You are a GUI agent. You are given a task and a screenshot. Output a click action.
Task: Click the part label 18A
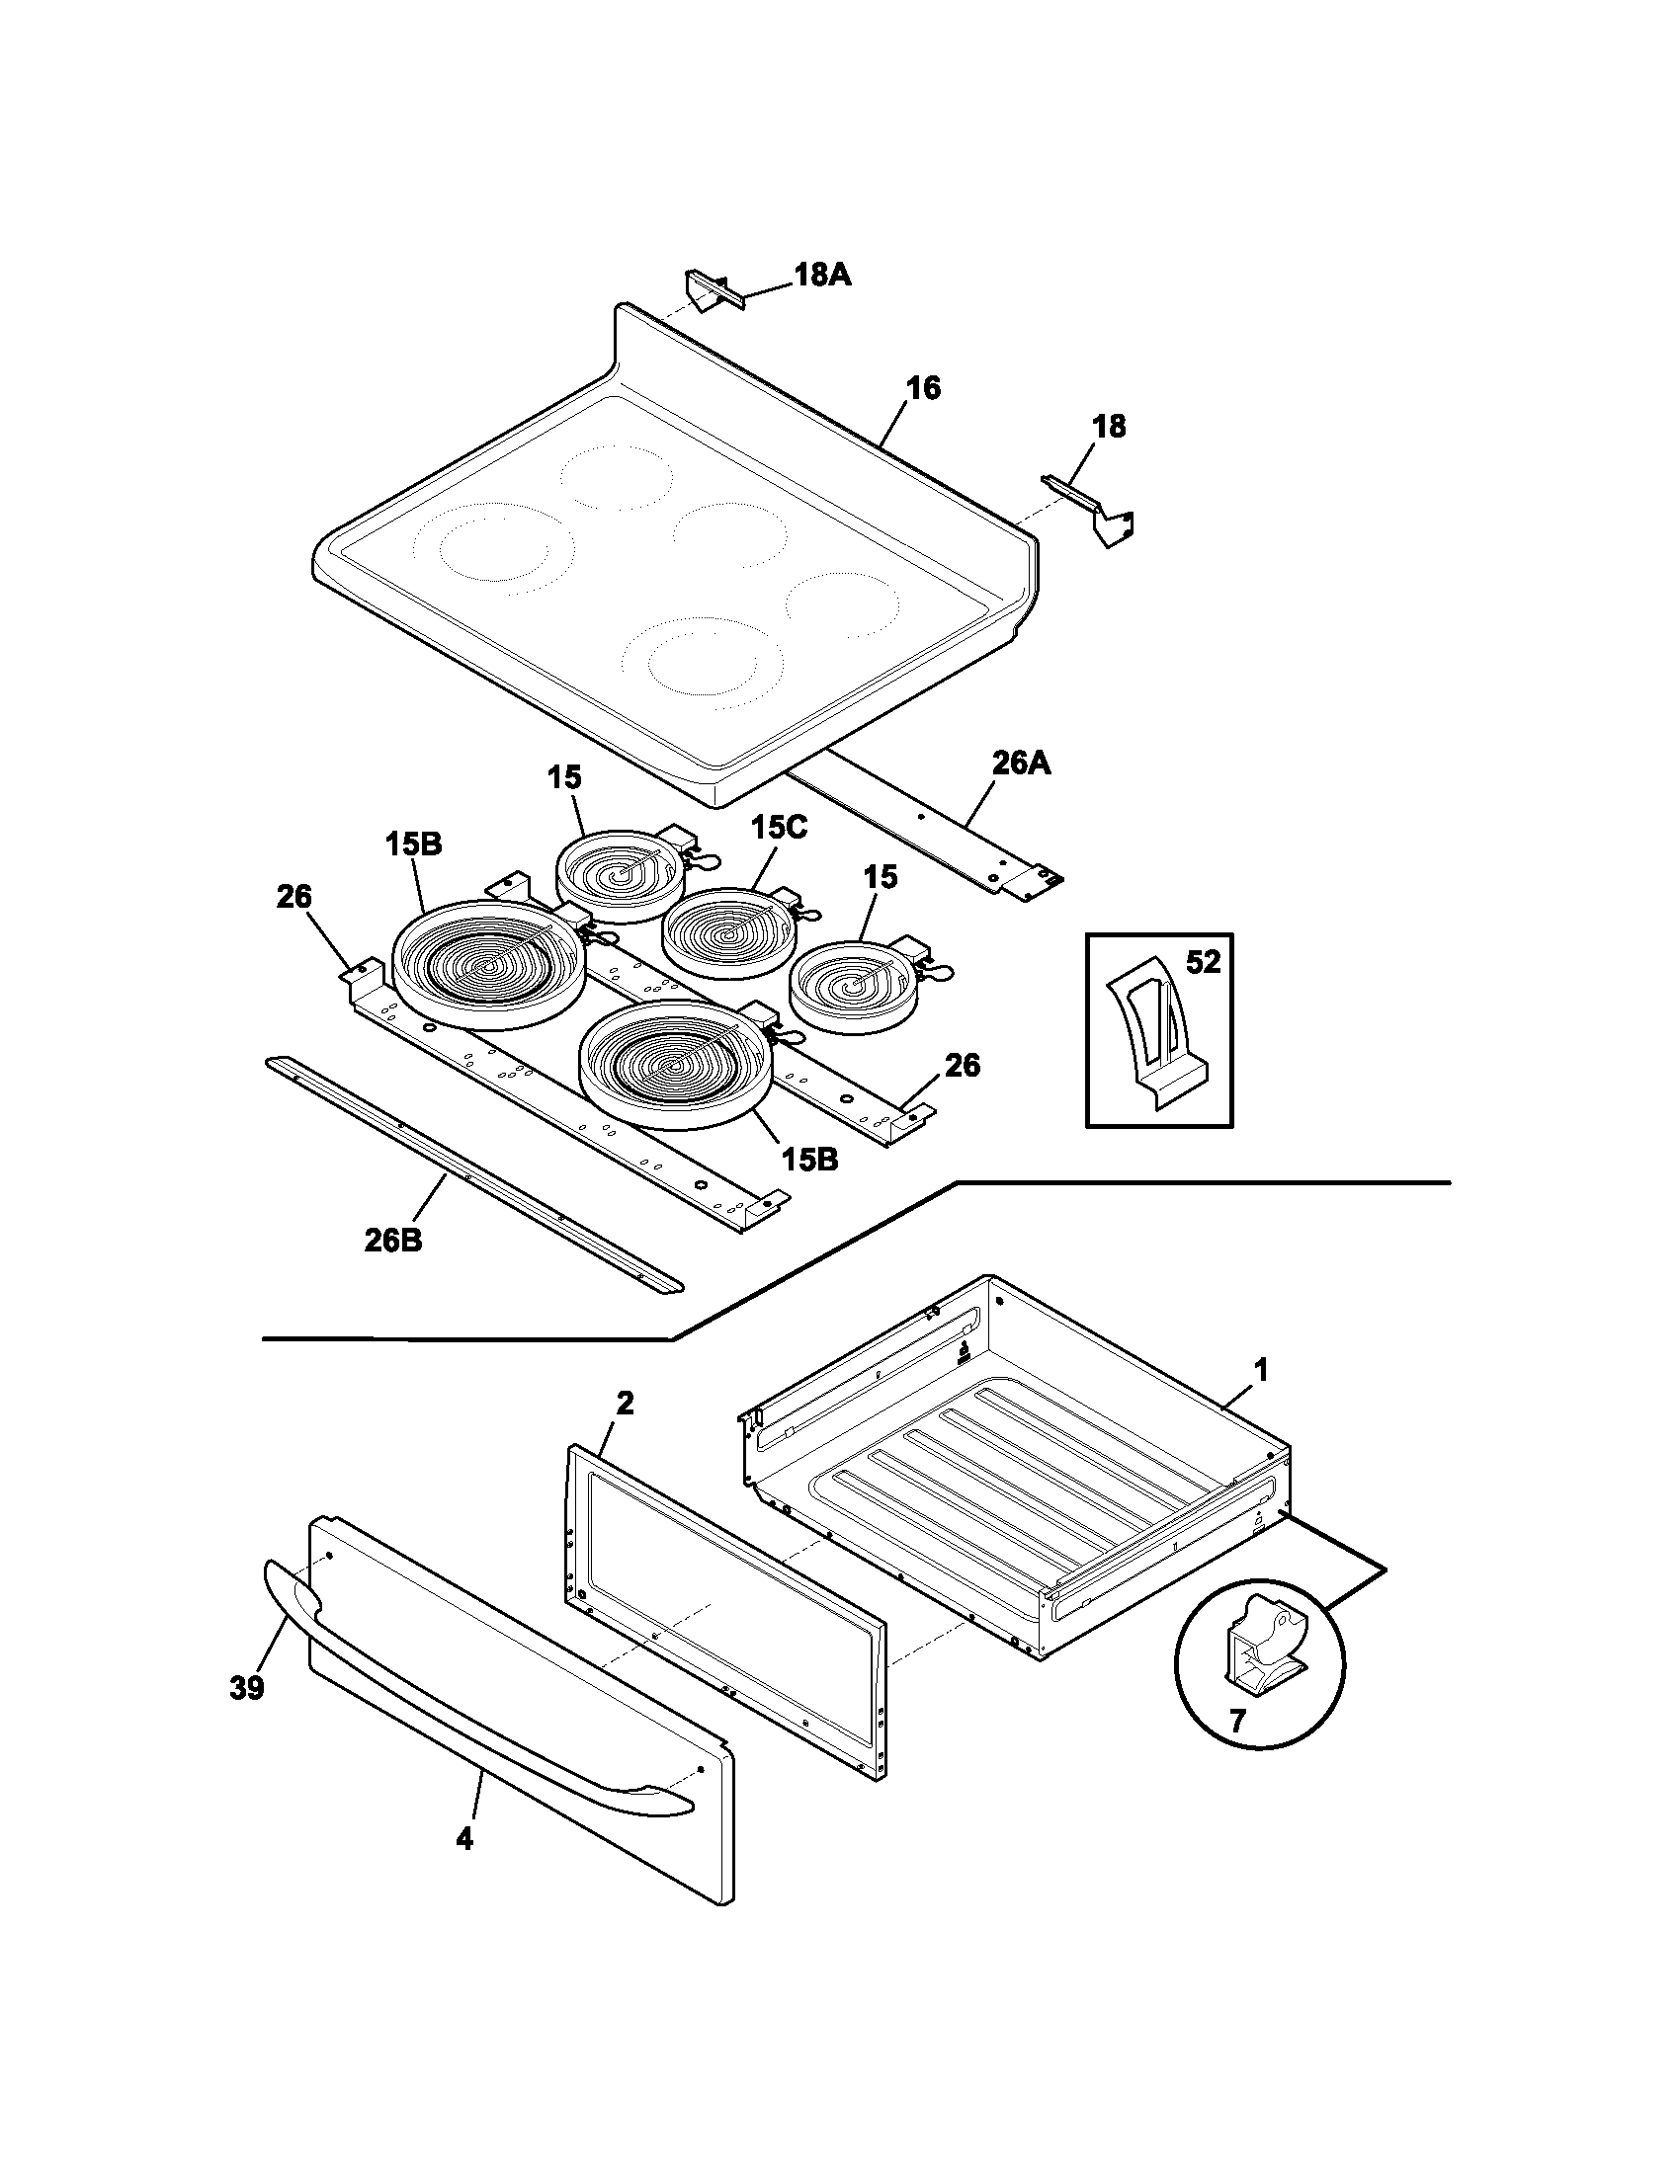coord(822,275)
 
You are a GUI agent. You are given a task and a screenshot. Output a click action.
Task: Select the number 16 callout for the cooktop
coord(924,388)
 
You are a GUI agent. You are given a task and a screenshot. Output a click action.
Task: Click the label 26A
coord(1021,765)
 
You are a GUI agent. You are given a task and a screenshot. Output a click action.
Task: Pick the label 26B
coord(392,1241)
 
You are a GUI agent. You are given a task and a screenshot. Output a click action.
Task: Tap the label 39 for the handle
coord(247,1687)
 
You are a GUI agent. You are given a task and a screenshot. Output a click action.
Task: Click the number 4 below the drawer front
coord(463,1839)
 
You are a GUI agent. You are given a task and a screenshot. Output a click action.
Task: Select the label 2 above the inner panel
coord(624,1403)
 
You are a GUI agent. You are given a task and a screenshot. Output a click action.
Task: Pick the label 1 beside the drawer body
coord(1261,1371)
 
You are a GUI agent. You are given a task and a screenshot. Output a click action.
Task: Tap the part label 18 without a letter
coord(1109,427)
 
